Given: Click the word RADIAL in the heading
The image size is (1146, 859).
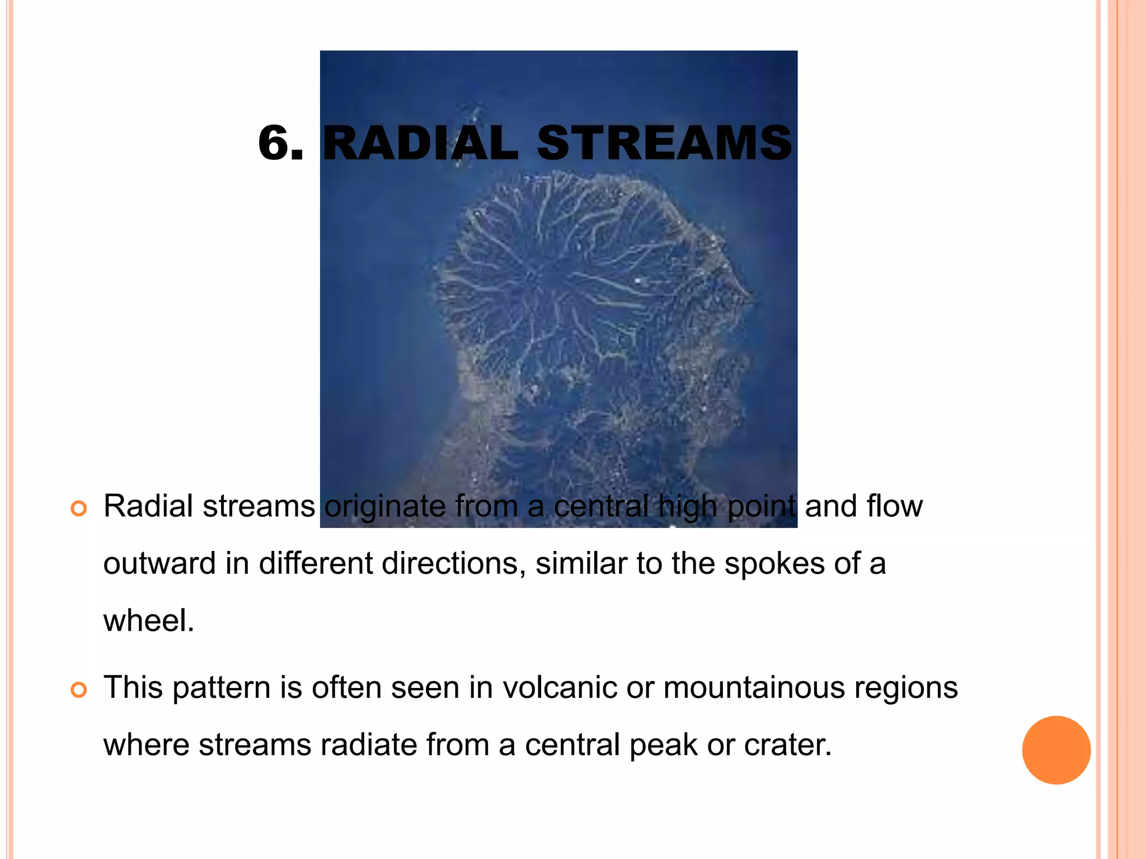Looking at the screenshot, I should click(421, 143).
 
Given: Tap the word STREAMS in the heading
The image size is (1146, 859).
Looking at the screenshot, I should click(664, 143).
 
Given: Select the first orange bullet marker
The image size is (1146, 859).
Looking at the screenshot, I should click(79, 509).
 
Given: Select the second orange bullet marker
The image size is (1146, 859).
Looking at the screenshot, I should click(79, 690).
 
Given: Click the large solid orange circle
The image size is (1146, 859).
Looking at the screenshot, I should click(1056, 750).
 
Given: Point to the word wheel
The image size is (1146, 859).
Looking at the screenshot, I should click(148, 621).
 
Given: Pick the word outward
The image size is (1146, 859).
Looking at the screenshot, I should click(159, 564).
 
